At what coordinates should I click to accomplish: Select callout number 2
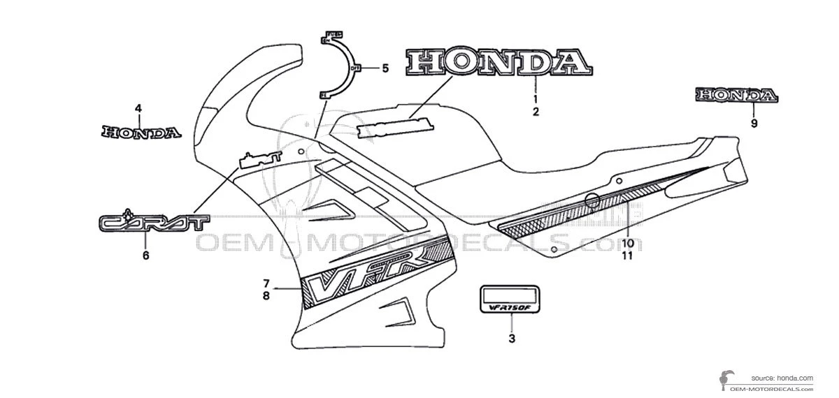click(536, 112)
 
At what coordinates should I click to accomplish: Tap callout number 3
click(512, 339)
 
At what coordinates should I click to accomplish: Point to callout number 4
click(138, 108)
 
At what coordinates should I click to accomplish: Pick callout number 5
click(385, 68)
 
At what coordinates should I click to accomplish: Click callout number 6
click(146, 256)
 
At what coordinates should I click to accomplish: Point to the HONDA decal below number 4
click(141, 131)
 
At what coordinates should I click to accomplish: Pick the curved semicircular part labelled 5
click(340, 66)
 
